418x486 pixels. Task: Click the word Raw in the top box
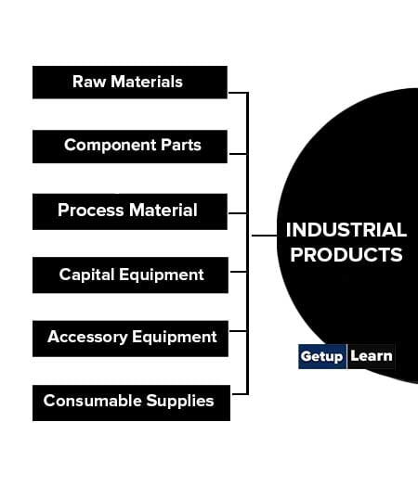[89, 82]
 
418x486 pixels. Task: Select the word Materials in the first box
[147, 82]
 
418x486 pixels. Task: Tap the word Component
[110, 146]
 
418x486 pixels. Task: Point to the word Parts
[181, 145]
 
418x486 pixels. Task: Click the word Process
[91, 210]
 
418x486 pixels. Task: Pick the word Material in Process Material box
[163, 210]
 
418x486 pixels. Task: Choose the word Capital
[86, 275]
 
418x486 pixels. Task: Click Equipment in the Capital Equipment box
[162, 275]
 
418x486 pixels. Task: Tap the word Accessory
[87, 338]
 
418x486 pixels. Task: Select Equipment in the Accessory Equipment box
[175, 337]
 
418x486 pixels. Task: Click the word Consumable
[92, 401]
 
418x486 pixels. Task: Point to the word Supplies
[180, 401]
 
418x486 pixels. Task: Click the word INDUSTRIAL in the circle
[346, 230]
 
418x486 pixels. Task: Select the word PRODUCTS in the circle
[346, 255]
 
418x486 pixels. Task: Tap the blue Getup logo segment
[322, 356]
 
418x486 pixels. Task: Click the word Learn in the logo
[372, 356]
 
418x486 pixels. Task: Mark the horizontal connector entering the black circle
[265, 236]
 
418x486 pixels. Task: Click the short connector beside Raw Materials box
[238, 93]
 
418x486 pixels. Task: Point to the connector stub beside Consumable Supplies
[240, 394]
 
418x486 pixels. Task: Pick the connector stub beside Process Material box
[238, 213]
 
